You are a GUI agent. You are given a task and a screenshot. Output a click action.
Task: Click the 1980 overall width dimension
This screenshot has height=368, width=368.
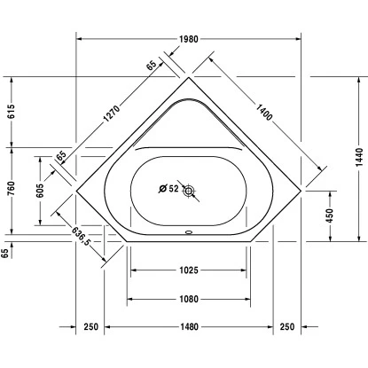coord(186,39)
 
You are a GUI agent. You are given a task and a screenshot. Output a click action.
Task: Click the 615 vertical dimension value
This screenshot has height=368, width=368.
coord(11,113)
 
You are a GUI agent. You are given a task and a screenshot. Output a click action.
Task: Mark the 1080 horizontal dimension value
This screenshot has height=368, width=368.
coord(187,299)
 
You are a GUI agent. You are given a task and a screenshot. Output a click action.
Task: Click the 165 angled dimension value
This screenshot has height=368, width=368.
coord(60,156)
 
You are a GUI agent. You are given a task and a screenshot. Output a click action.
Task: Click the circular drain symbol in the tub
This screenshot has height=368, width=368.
coord(188,188)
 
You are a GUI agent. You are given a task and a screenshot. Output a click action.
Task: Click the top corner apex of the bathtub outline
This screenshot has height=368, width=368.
coord(188,78)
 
